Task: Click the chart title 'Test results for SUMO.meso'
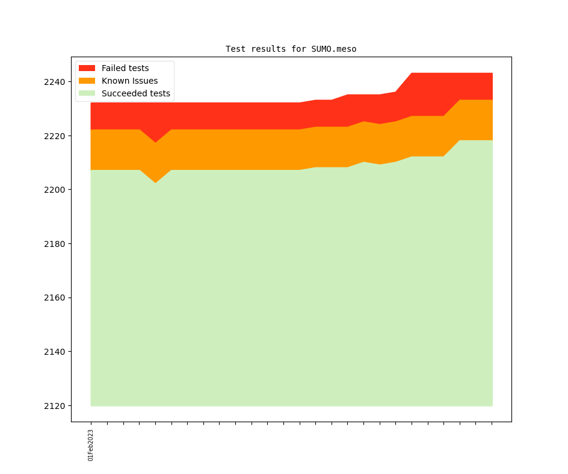point(291,49)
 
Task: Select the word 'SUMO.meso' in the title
point(334,49)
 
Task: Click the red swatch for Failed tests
point(87,68)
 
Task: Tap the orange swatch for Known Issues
point(87,81)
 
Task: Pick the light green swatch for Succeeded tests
point(87,93)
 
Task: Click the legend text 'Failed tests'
point(125,68)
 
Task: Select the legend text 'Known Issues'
point(129,81)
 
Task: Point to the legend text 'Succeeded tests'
point(135,93)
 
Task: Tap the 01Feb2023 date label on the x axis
point(91,445)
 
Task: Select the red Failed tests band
point(241,116)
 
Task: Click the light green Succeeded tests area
point(289,289)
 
